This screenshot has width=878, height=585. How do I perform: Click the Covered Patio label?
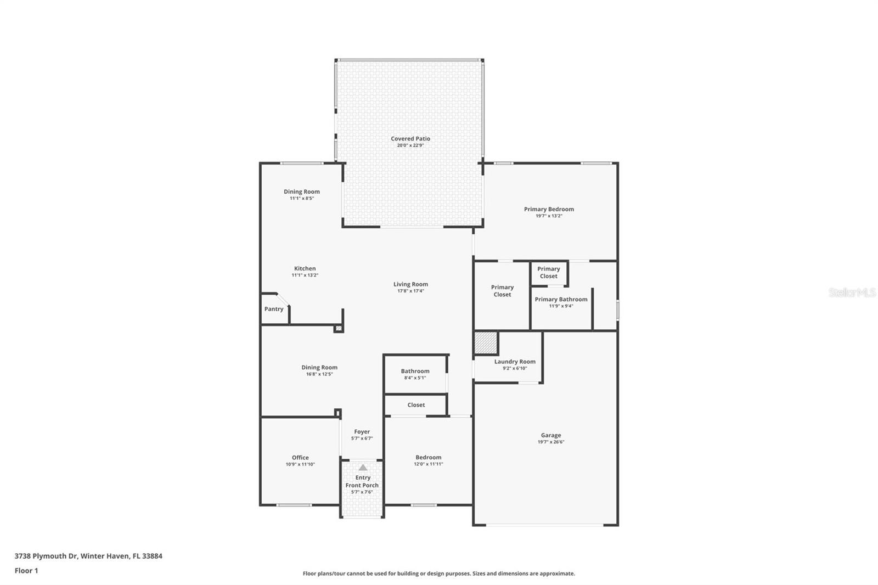click(410, 139)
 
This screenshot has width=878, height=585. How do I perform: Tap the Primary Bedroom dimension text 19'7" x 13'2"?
click(549, 216)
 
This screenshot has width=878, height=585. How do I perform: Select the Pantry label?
click(274, 309)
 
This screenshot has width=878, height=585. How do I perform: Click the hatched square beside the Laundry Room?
click(486, 343)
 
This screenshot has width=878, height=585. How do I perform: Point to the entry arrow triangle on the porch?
click(363, 468)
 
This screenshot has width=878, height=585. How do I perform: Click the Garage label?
click(550, 435)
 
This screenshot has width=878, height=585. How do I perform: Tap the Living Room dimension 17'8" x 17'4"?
click(410, 291)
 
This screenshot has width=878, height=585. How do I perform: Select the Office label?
click(300, 458)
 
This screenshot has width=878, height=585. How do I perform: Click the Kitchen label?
click(305, 268)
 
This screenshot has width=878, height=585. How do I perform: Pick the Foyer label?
click(362, 432)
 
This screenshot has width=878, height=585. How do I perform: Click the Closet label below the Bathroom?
click(416, 405)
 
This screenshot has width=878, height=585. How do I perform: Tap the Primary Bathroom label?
click(561, 299)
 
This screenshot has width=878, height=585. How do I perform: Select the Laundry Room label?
click(515, 362)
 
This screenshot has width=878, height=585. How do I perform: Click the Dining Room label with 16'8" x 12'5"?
click(319, 368)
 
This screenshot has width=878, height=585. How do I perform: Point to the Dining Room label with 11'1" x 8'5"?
click(301, 192)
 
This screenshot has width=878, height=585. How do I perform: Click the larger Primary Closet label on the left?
click(502, 291)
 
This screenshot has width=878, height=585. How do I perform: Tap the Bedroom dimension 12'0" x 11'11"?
click(428, 464)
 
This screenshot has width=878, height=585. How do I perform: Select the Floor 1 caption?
click(26, 571)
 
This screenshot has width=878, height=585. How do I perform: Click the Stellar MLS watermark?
click(852, 293)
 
